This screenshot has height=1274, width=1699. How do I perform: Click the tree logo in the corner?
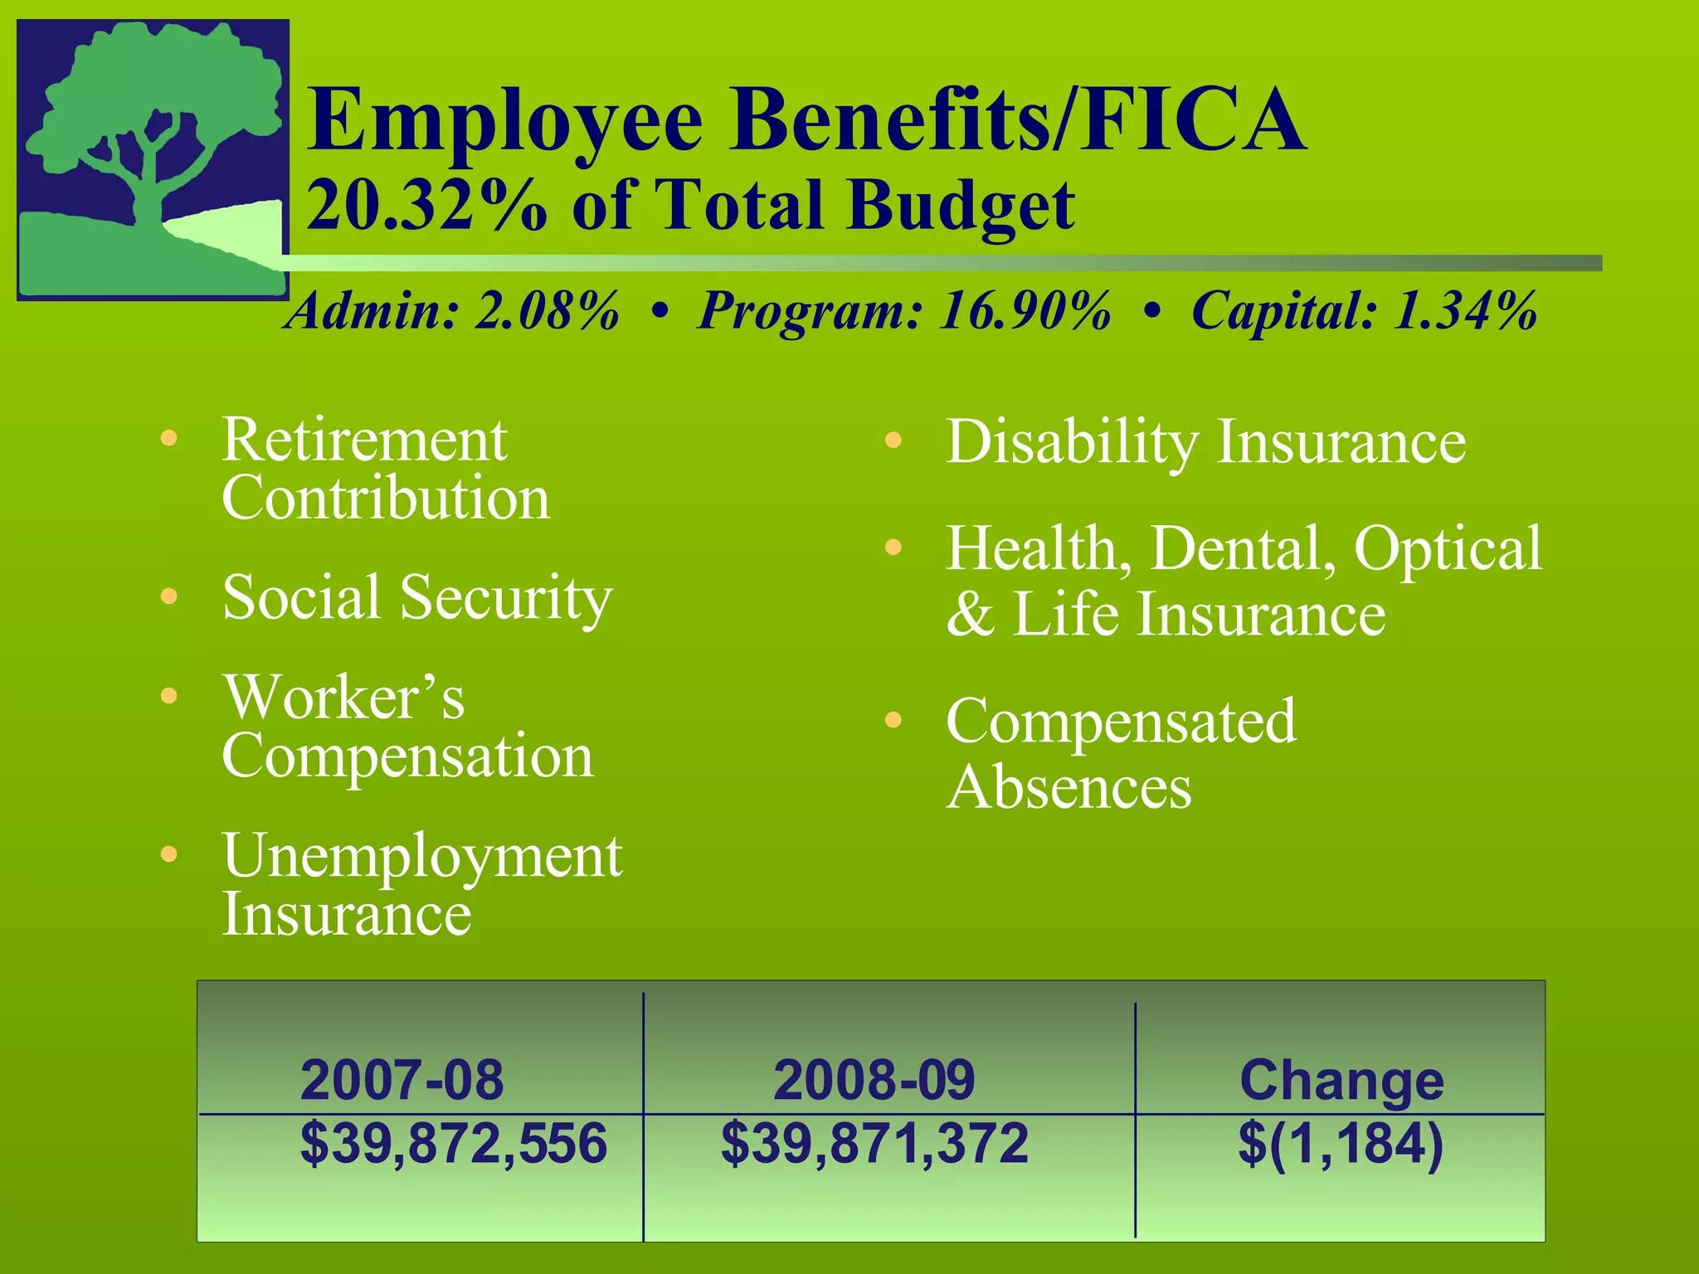coord(153,159)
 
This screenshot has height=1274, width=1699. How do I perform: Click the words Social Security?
coord(417,597)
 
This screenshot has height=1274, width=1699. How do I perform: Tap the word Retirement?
coord(364,440)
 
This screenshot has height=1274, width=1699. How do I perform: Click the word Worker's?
coord(343,698)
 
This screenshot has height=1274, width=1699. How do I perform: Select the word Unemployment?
coord(422,856)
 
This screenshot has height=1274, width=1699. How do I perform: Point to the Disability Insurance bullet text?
coord(1205,441)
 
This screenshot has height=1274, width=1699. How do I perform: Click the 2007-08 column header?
coord(402,1080)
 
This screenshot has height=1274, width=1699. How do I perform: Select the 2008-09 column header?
coord(874,1080)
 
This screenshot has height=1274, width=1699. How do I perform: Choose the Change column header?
coord(1341,1080)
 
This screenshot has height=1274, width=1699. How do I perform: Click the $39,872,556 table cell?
coord(453,1143)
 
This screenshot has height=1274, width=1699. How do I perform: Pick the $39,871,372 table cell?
coord(874,1143)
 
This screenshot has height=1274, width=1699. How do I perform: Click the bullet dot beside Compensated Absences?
coord(893,720)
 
